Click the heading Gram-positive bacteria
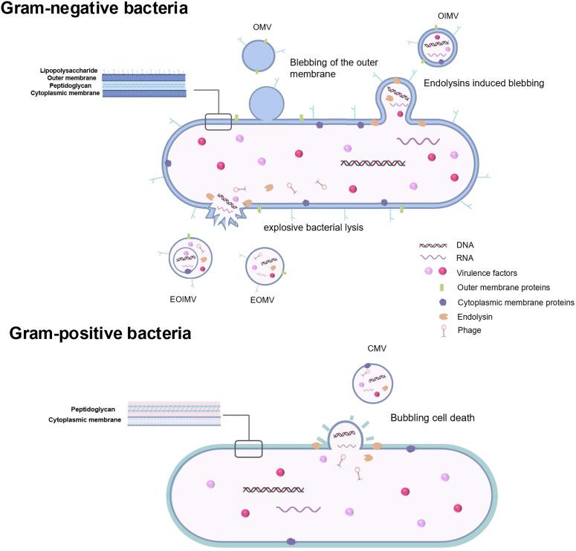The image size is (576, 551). tap(100, 333)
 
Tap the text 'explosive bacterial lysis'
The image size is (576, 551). tap(312, 228)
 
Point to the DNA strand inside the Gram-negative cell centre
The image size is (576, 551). tap(372, 163)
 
